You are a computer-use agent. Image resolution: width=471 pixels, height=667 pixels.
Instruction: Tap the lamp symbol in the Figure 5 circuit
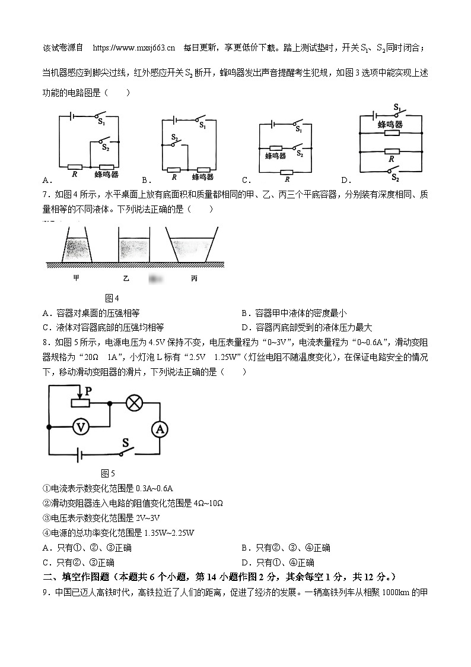click(135, 402)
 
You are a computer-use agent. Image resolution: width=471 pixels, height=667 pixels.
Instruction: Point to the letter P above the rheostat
click(88, 391)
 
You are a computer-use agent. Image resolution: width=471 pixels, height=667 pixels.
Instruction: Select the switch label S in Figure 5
click(126, 442)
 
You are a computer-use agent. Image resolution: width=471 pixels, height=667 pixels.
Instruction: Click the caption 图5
click(108, 473)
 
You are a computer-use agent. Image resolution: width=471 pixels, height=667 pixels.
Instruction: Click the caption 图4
click(112, 298)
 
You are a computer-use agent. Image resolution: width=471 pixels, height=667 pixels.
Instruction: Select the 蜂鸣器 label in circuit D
click(390, 125)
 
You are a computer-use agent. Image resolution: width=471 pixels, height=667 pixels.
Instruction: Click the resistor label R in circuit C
click(287, 179)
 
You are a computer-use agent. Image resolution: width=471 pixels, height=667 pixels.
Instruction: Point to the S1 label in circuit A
click(101, 122)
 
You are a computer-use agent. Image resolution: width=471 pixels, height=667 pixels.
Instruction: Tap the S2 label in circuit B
click(174, 137)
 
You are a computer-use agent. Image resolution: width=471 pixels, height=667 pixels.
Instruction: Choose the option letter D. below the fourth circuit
click(346, 181)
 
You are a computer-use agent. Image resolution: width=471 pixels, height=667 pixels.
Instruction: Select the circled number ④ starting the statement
click(47, 532)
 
